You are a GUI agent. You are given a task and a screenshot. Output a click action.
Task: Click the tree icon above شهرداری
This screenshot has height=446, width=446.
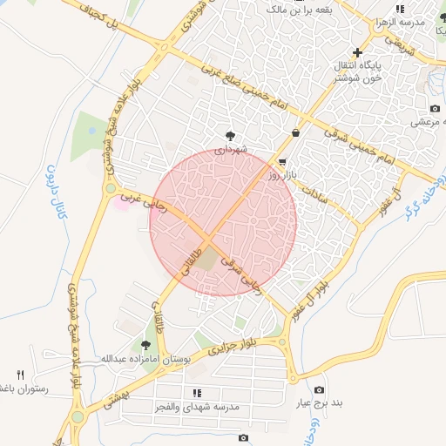230,136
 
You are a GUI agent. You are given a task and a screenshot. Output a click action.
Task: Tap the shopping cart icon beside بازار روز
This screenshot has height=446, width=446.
283,162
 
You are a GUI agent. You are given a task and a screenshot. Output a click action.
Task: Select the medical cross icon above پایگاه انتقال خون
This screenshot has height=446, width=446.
357,53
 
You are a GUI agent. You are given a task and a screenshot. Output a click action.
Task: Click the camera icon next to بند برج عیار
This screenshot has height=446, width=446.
320,389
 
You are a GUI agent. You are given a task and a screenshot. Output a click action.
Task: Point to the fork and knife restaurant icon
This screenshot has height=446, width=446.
21,375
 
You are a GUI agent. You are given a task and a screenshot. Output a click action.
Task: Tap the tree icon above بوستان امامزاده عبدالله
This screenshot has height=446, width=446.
134,346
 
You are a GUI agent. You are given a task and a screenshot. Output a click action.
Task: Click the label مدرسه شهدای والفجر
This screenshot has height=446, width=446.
199,407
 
